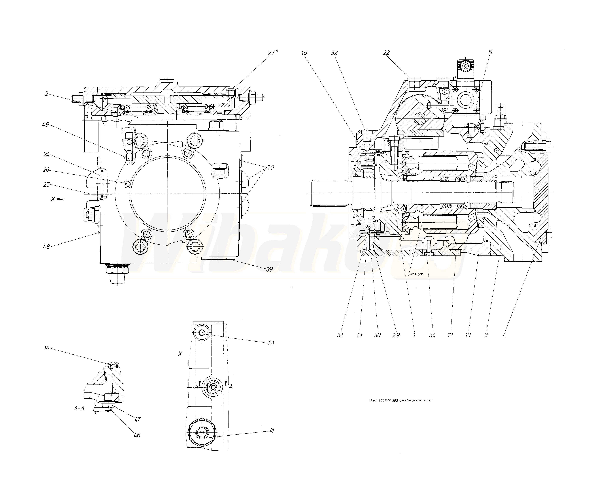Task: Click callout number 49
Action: pos(45,124)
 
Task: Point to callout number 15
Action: pos(304,53)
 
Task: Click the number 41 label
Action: pos(271,431)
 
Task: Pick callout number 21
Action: pos(271,343)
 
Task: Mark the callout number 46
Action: pos(137,435)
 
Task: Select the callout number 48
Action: pos(46,247)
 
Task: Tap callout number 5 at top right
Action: pos(490,52)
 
